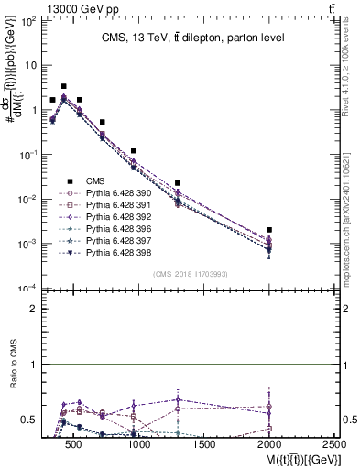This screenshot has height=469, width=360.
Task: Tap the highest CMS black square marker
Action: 63,86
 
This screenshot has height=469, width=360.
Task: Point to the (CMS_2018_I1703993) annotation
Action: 191,274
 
